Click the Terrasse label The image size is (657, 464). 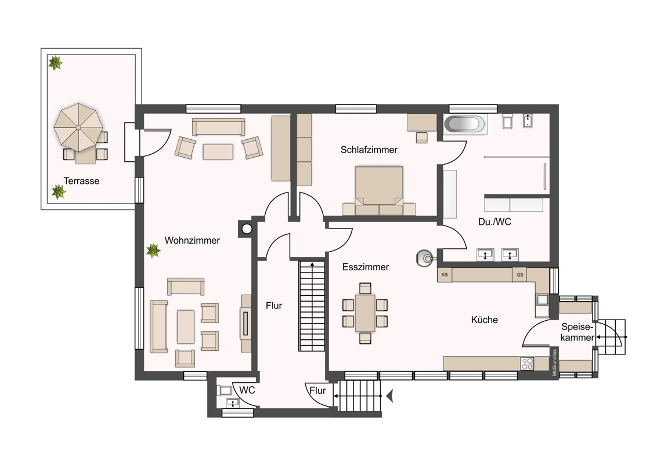(81, 181)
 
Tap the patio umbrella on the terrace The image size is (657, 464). (78, 127)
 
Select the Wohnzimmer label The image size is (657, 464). (192, 240)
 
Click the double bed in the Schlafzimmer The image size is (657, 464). (379, 191)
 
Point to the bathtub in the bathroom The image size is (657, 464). (465, 124)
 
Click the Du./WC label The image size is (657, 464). (495, 222)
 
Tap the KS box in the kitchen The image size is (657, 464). (445, 275)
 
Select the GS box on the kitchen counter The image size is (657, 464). (519, 275)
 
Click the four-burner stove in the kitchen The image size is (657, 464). (528, 364)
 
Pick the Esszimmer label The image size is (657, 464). (366, 267)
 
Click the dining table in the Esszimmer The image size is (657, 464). (365, 313)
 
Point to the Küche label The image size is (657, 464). (485, 320)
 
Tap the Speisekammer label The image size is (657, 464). (577, 332)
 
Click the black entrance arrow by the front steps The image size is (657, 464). (390, 396)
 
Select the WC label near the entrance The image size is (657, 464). (247, 390)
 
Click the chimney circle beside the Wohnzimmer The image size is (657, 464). (247, 229)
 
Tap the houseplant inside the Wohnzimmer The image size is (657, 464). (153, 251)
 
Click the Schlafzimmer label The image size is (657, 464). (369, 150)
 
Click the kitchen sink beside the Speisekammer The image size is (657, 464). (542, 299)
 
